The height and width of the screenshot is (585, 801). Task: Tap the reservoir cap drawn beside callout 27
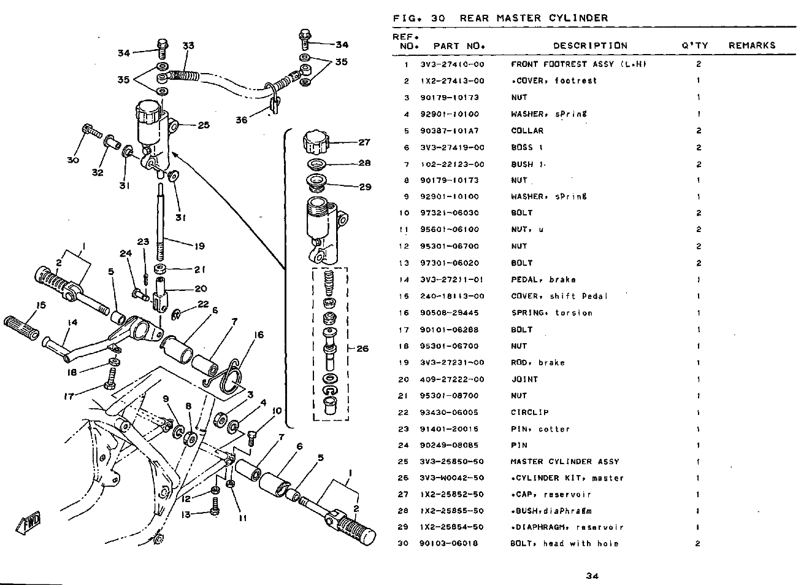[316, 142]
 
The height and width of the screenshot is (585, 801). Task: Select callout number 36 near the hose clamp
[242, 120]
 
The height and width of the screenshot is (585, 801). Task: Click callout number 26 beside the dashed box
[362, 349]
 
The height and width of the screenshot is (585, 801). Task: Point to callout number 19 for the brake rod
[199, 246]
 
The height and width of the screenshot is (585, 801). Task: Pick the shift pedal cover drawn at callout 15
[21, 327]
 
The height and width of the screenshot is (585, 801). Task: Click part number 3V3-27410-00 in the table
[452, 64]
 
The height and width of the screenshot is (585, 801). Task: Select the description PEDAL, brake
[543, 279]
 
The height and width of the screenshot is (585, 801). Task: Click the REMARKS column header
[752, 45]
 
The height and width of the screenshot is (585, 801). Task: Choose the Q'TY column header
[695, 45]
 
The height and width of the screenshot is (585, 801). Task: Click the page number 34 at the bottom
[592, 576]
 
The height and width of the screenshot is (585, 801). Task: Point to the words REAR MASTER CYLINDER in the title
[534, 18]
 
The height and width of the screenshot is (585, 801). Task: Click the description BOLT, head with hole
[564, 543]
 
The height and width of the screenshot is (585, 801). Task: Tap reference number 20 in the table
[404, 379]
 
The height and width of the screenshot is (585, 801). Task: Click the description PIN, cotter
[540, 429]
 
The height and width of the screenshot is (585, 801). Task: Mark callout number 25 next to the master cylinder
[204, 125]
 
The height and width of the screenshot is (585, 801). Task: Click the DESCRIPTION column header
[590, 46]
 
